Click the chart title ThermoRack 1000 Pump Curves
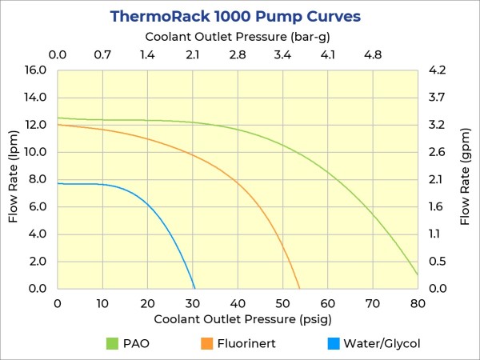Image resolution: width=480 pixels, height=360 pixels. click(234, 16)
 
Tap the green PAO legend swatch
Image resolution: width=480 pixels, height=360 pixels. click(112, 344)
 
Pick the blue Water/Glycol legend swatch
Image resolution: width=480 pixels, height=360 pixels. click(334, 344)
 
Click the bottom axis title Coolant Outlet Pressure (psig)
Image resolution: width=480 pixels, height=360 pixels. click(238, 320)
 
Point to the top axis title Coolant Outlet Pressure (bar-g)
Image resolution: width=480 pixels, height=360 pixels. click(238, 37)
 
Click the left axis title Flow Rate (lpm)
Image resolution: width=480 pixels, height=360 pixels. click(14, 179)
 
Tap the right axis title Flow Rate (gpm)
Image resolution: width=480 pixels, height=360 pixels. click(465, 179)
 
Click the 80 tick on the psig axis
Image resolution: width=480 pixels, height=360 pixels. click(418, 303)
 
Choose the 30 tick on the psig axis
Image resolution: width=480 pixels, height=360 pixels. click(193, 303)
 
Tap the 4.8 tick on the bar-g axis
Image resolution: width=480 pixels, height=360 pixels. click(373, 55)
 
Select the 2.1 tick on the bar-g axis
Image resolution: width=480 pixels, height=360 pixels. click(193, 55)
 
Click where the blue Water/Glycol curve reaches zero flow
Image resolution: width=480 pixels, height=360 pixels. click(194, 288)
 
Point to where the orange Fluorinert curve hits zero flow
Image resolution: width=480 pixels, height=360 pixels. click(299, 288)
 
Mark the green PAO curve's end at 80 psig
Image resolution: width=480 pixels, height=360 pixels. click(418, 275)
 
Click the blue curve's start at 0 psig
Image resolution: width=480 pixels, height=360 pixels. click(58, 183)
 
